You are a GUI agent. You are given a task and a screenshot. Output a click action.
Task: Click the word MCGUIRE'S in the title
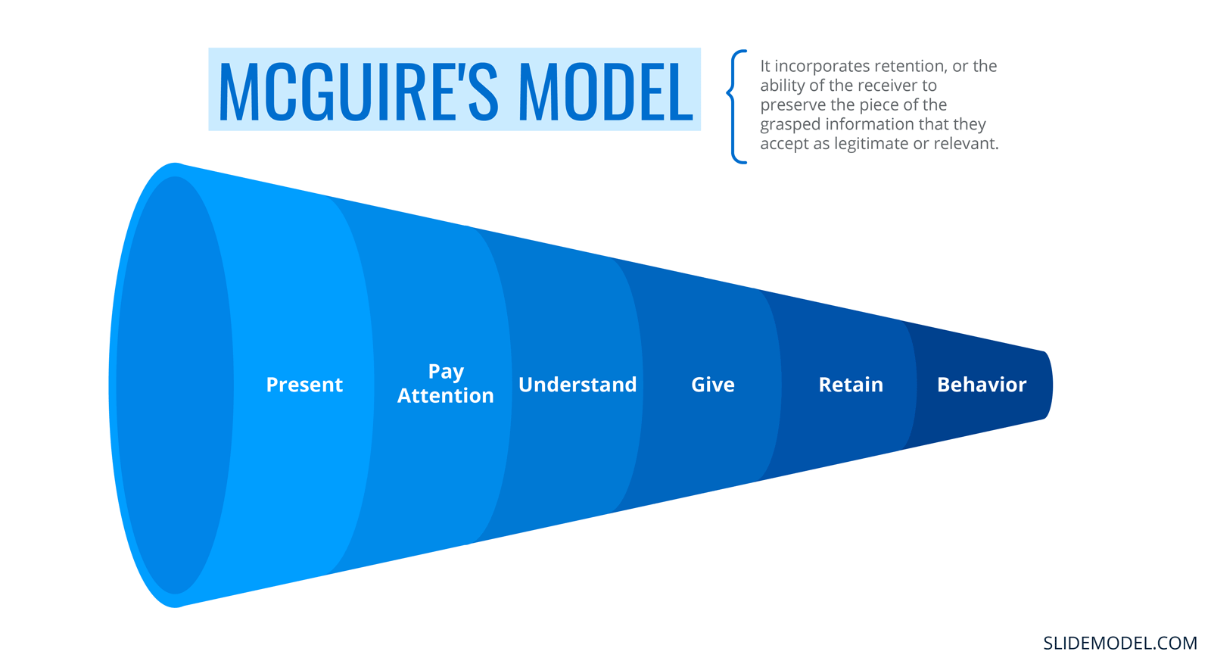(357, 90)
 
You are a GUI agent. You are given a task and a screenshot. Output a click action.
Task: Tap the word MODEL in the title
(605, 90)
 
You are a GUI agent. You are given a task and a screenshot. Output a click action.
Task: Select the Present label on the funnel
(304, 385)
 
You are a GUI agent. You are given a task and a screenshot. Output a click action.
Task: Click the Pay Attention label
(446, 384)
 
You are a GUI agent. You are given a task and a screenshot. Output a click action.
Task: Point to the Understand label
(577, 385)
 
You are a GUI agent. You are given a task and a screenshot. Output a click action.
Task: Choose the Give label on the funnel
(712, 385)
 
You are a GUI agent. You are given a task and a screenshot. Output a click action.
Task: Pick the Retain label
(851, 385)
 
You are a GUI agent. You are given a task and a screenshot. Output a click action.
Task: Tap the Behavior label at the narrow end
(981, 385)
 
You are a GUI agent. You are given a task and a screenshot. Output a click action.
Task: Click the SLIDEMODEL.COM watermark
(1120, 643)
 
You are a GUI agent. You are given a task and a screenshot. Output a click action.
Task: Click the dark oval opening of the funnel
(175, 385)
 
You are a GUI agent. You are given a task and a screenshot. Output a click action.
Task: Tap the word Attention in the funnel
(446, 395)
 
